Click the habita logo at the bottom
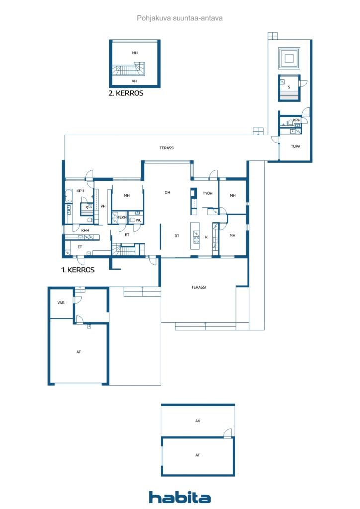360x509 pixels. tap(180, 497)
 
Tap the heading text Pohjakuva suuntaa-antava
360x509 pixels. tap(180, 18)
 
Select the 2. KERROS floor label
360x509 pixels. tap(126, 93)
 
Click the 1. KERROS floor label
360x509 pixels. tap(78, 270)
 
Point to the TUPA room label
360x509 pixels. tap(295, 146)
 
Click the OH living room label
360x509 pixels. tap(167, 192)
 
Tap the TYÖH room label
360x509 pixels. tap(208, 193)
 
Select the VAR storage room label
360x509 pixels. tap(61, 303)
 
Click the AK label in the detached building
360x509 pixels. tap(198, 421)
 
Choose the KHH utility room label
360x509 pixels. tap(85, 230)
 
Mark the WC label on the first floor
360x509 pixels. tap(139, 220)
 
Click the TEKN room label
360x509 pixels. tap(122, 217)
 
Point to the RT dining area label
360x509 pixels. tap(177, 236)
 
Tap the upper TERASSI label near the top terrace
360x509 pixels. tap(167, 148)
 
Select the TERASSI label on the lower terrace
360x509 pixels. tap(199, 287)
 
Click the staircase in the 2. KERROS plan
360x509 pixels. tap(129, 69)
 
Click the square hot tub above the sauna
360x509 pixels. tap(289, 59)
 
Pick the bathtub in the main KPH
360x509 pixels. tap(69, 196)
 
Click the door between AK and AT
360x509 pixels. tap(228, 433)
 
